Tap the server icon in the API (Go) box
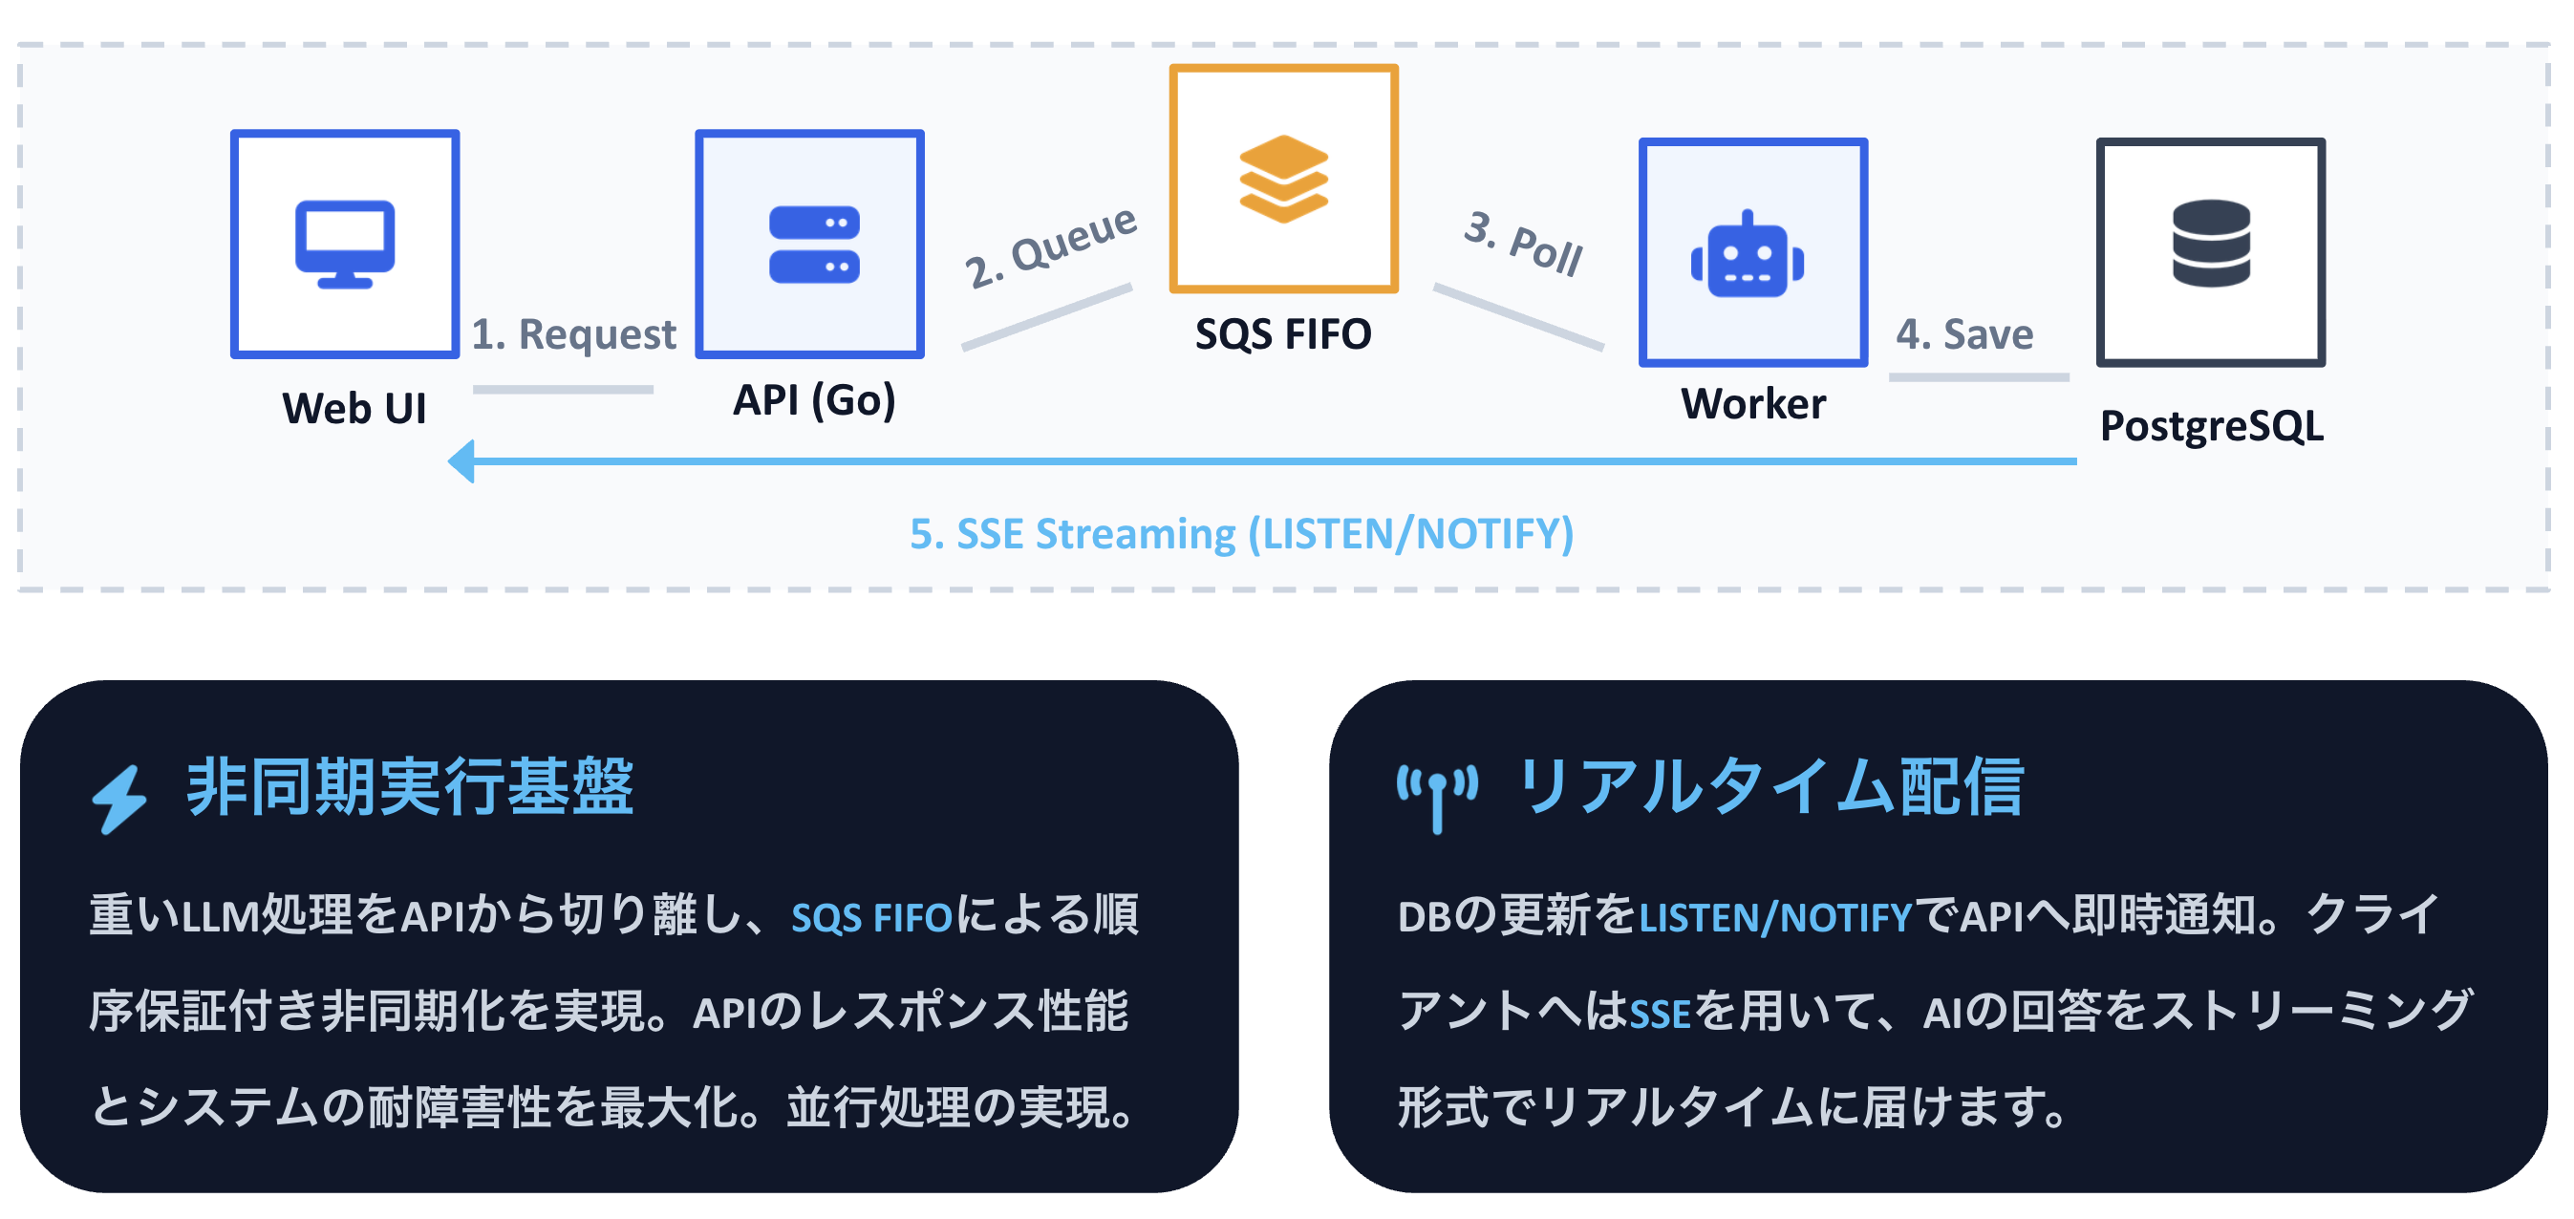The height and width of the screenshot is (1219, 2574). (813, 245)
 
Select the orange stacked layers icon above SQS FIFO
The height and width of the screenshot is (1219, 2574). (1283, 179)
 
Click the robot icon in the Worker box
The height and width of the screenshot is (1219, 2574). (1748, 256)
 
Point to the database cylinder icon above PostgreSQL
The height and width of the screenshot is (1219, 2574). (2210, 243)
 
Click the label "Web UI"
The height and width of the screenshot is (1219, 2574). (354, 409)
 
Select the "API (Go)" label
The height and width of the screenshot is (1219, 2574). (813, 400)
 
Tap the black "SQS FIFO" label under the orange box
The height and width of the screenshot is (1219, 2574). (1283, 333)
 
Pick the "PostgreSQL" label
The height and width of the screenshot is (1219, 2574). (2210, 426)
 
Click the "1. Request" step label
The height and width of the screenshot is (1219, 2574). (572, 333)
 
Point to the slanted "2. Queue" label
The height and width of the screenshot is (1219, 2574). (1049, 246)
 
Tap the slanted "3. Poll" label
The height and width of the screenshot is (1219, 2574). (1523, 243)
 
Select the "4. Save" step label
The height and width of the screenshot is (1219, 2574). (1963, 333)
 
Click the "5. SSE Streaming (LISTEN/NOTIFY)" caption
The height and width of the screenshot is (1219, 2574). (1241, 534)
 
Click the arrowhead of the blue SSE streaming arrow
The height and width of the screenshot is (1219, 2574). (461, 460)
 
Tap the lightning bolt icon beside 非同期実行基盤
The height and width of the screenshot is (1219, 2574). (119, 799)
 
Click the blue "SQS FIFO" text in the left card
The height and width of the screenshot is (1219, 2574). (871, 917)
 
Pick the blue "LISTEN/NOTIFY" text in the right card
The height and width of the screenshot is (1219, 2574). (1774, 917)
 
